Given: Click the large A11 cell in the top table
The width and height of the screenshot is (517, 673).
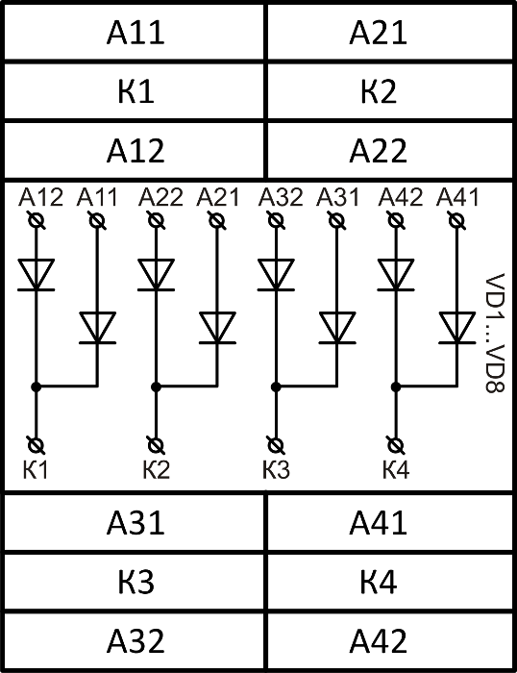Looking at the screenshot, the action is coord(135,32).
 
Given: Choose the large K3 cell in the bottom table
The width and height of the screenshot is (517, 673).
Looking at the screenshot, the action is coord(135,582).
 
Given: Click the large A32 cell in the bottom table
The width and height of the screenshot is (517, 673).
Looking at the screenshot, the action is coord(135,641).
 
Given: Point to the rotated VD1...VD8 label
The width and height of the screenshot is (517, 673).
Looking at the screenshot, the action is coord(495,333).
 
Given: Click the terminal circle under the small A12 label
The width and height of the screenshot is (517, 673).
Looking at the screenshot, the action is coord(37,221).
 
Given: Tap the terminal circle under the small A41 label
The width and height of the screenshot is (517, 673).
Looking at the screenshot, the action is coord(456,221).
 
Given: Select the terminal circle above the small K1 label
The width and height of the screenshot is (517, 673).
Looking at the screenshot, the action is coord(37,445).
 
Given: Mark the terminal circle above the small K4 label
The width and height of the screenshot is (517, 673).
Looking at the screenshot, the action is coord(396,445).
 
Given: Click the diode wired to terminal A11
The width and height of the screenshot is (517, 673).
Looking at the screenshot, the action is coord(97,329).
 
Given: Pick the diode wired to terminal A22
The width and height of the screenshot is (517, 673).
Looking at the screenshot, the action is coord(157,275).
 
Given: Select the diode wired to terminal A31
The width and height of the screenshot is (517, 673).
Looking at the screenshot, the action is coord(337,329).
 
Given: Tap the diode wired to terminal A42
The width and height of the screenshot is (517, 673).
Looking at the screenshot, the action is coord(396,275).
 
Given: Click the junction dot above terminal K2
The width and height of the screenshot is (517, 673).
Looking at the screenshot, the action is coord(157,386).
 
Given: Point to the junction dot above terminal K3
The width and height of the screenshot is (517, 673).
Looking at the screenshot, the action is coord(276,386).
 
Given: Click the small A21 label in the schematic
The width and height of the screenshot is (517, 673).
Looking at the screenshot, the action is coord(217,197).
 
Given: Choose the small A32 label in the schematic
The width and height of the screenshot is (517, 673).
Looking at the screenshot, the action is coord(281,197).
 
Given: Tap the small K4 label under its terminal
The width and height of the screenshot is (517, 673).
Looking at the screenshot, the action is coord(396,469).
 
